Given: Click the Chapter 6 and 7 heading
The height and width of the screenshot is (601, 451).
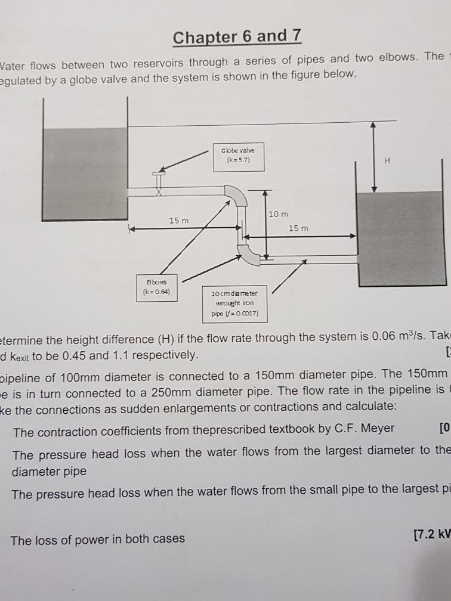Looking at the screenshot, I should coord(237,37).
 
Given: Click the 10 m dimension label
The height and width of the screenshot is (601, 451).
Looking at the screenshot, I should coord(277,213).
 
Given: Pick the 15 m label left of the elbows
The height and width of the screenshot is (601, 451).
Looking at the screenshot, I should coord(178,221).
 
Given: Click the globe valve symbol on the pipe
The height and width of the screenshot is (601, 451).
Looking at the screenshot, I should coord(159,181).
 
